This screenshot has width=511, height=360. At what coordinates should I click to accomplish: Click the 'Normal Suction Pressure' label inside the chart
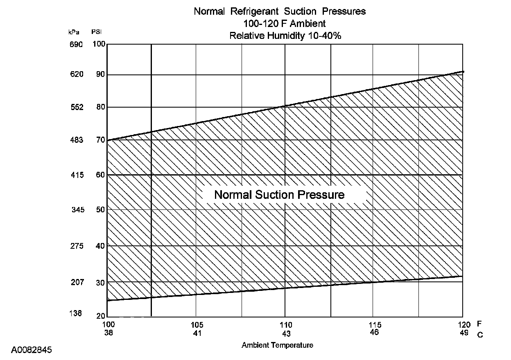pyautogui.click(x=279, y=195)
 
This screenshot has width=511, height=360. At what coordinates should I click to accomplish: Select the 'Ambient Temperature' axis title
pyautogui.click(x=277, y=345)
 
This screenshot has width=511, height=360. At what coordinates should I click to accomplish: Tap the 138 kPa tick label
pyautogui.click(x=75, y=313)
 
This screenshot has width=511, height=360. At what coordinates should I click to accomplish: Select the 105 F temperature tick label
pyautogui.click(x=197, y=325)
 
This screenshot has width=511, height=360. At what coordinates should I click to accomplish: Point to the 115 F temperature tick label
pyautogui.click(x=374, y=325)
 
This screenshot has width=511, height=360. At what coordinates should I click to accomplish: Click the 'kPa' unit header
pyautogui.click(x=74, y=32)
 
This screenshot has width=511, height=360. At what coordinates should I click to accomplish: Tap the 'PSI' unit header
pyautogui.click(x=97, y=32)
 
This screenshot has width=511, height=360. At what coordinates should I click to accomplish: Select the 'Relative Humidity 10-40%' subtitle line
pyautogui.click(x=285, y=36)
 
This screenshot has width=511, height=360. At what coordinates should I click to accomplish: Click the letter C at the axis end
pyautogui.click(x=480, y=335)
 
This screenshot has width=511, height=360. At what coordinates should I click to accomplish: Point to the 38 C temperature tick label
pyautogui.click(x=108, y=333)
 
